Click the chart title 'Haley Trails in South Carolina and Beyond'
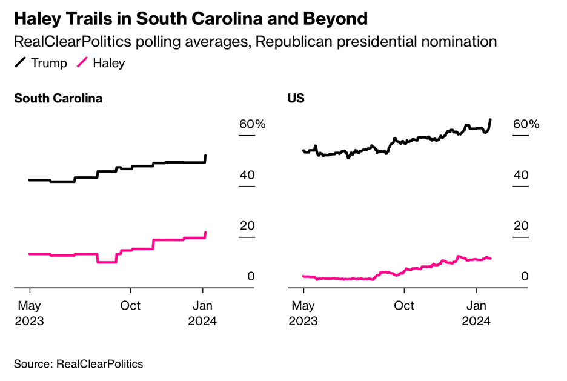pos(190,19)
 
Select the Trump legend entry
pos(41,63)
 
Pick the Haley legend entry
pos(101,63)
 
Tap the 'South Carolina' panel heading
pos(58,99)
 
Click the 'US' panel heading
pos(296,99)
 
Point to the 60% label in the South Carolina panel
pos(252,124)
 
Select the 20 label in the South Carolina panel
pos(247,225)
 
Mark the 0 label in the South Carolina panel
pos(250,276)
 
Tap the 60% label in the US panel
pos(526,124)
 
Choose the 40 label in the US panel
pos(521,175)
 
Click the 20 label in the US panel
pos(521,225)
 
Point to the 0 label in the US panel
pos(524,276)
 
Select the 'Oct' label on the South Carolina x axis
pos(130,306)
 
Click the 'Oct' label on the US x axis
pos(404,306)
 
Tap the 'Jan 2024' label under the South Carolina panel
pos(202,313)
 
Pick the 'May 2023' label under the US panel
pos(303,313)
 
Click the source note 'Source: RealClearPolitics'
pos(79,364)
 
